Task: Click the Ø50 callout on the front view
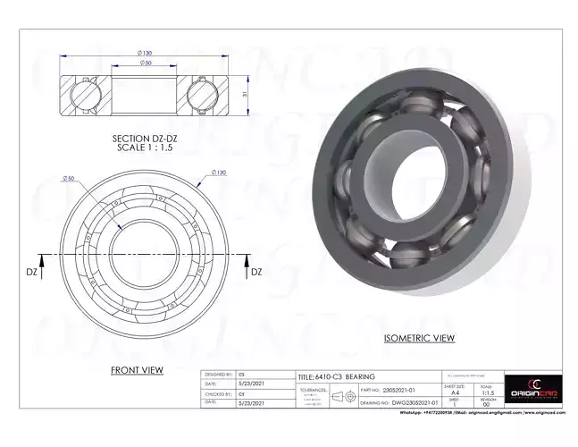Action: pyautogui.click(x=67, y=179)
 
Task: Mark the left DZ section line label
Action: pyautogui.click(x=30, y=271)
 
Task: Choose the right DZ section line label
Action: pyautogui.click(x=255, y=271)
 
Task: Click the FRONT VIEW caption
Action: pyautogui.click(x=136, y=369)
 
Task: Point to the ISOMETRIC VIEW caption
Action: pyautogui.click(x=419, y=338)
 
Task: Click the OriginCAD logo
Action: pyautogui.click(x=534, y=390)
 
